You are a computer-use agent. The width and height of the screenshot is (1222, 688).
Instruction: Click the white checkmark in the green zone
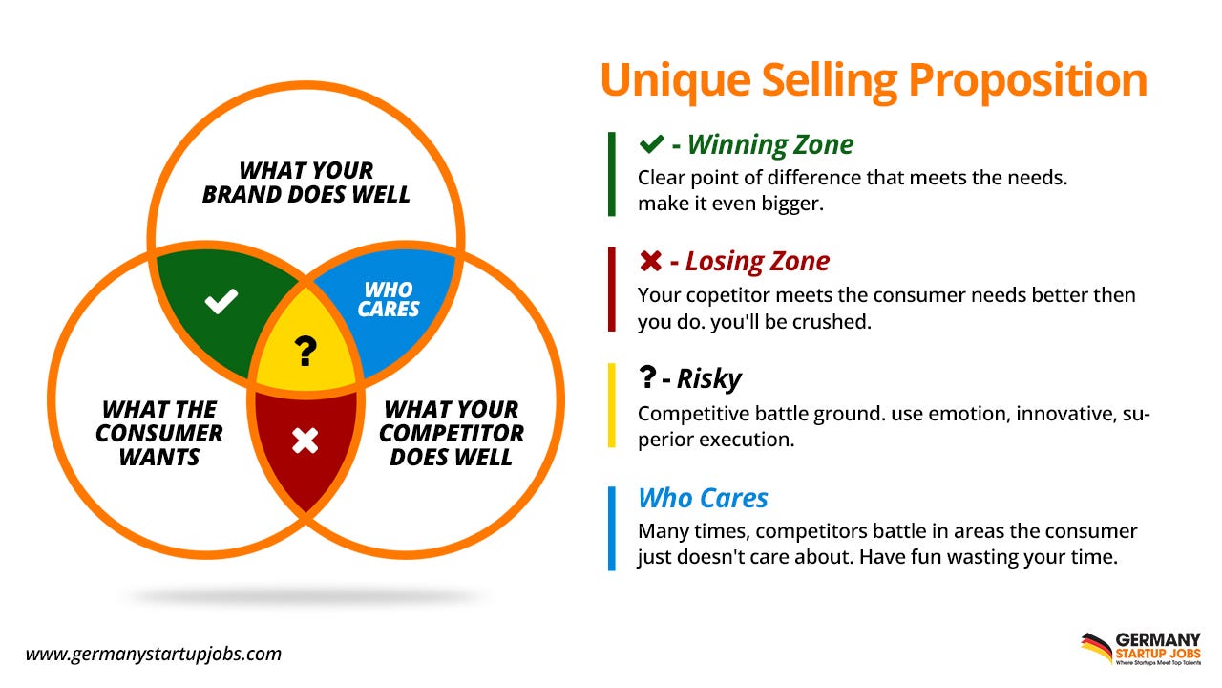[x=221, y=303]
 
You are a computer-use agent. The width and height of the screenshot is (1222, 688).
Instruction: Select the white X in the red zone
[x=305, y=441]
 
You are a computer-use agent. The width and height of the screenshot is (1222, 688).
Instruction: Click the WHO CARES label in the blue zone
[x=389, y=299]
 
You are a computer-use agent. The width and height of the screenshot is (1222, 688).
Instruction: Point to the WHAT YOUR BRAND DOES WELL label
[x=305, y=183]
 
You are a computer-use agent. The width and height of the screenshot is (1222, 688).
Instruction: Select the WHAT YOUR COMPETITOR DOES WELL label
[x=452, y=433]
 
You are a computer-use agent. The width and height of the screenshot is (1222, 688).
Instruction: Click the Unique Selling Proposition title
[x=873, y=79]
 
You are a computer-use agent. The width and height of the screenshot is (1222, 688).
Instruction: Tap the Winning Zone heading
[x=769, y=144]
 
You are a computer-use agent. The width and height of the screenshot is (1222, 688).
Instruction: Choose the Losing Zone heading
[x=757, y=261]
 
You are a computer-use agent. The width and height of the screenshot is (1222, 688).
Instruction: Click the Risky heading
[x=708, y=378]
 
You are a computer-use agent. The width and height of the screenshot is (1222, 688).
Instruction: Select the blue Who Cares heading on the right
[x=703, y=498]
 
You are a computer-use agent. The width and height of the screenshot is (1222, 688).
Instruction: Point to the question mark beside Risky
[x=647, y=378]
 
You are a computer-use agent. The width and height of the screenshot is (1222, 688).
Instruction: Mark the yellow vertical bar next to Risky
[x=611, y=405]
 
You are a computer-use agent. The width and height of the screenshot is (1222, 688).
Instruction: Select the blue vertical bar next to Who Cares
[x=611, y=528]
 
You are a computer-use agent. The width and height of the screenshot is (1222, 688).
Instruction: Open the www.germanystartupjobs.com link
[x=154, y=655]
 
